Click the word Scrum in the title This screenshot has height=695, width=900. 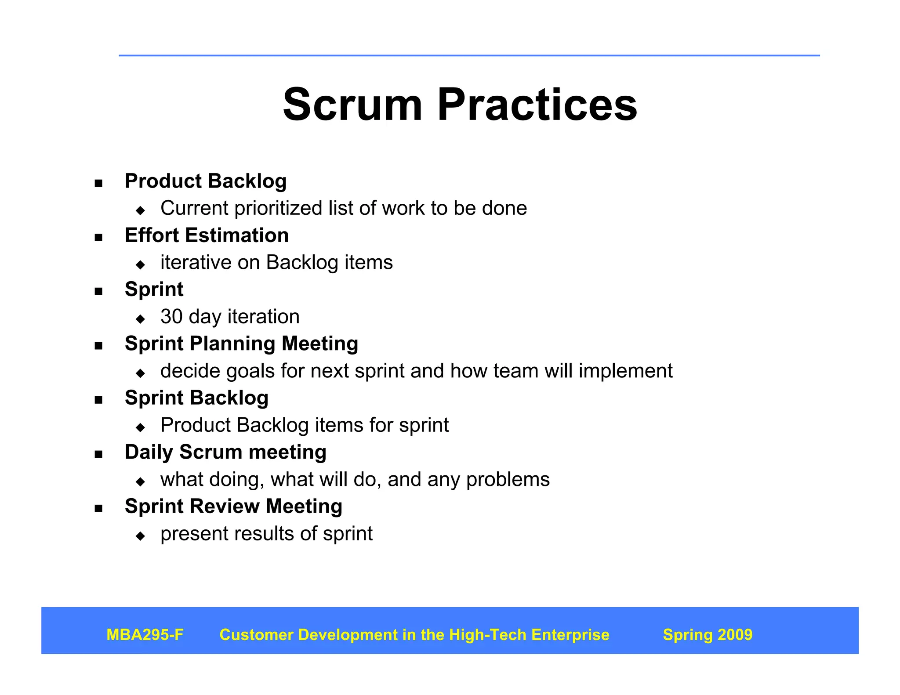(352, 105)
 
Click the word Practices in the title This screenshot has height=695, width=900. (537, 105)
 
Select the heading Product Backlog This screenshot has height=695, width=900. (206, 181)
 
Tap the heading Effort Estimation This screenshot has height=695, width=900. (207, 235)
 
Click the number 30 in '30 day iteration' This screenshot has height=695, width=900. (171, 317)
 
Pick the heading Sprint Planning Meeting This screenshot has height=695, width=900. (241, 344)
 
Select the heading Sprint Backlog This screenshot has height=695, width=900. (196, 398)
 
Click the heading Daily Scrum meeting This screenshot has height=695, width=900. (225, 452)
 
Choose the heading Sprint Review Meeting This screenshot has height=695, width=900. (233, 507)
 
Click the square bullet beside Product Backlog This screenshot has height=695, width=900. (98, 183)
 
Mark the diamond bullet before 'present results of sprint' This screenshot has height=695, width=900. (141, 536)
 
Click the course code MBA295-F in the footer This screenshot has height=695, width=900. (145, 635)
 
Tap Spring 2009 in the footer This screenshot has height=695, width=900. (708, 635)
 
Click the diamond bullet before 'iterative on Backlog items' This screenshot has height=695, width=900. (141, 264)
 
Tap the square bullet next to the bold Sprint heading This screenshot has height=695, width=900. (98, 292)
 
